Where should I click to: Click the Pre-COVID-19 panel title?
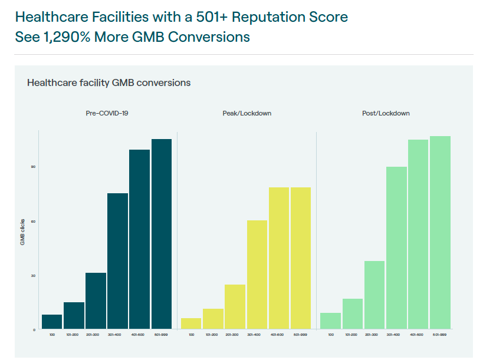click(107, 113)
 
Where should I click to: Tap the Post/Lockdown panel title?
click(386, 113)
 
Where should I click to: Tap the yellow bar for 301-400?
click(257, 274)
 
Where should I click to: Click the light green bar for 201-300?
click(374, 295)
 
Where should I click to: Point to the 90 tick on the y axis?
click(34, 167)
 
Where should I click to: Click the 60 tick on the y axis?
click(34, 222)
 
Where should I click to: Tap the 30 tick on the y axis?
click(34, 276)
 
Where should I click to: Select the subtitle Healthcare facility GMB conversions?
click(109, 82)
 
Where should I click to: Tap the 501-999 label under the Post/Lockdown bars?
click(439, 335)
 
